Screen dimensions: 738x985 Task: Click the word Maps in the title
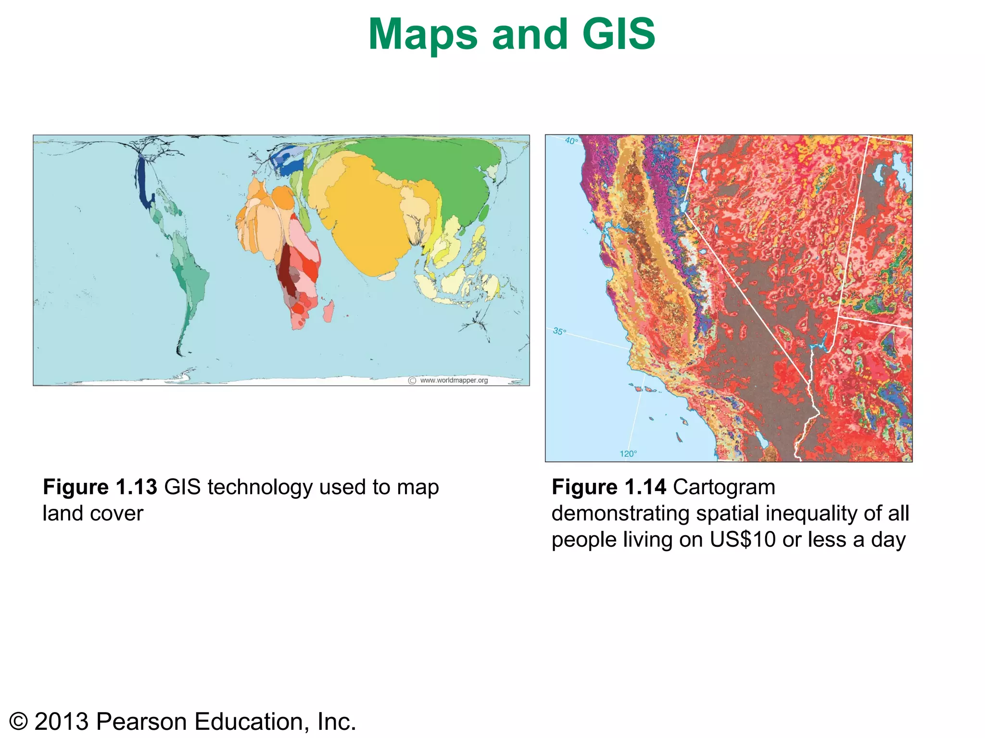(x=423, y=35)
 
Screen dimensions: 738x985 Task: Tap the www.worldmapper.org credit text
(x=454, y=380)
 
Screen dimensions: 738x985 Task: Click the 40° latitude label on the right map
(x=571, y=141)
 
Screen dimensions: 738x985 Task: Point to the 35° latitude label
(x=559, y=331)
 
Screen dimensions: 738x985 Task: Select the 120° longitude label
(x=628, y=454)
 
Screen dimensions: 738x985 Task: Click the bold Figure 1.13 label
(x=100, y=487)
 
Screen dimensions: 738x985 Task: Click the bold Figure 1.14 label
(x=608, y=487)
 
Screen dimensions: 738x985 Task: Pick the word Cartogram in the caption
(x=724, y=487)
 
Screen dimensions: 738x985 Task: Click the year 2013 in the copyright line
(x=62, y=722)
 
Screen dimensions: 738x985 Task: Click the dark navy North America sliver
(x=142, y=183)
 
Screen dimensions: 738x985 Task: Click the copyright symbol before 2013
(x=18, y=722)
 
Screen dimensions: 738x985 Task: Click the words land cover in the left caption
(x=93, y=513)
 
